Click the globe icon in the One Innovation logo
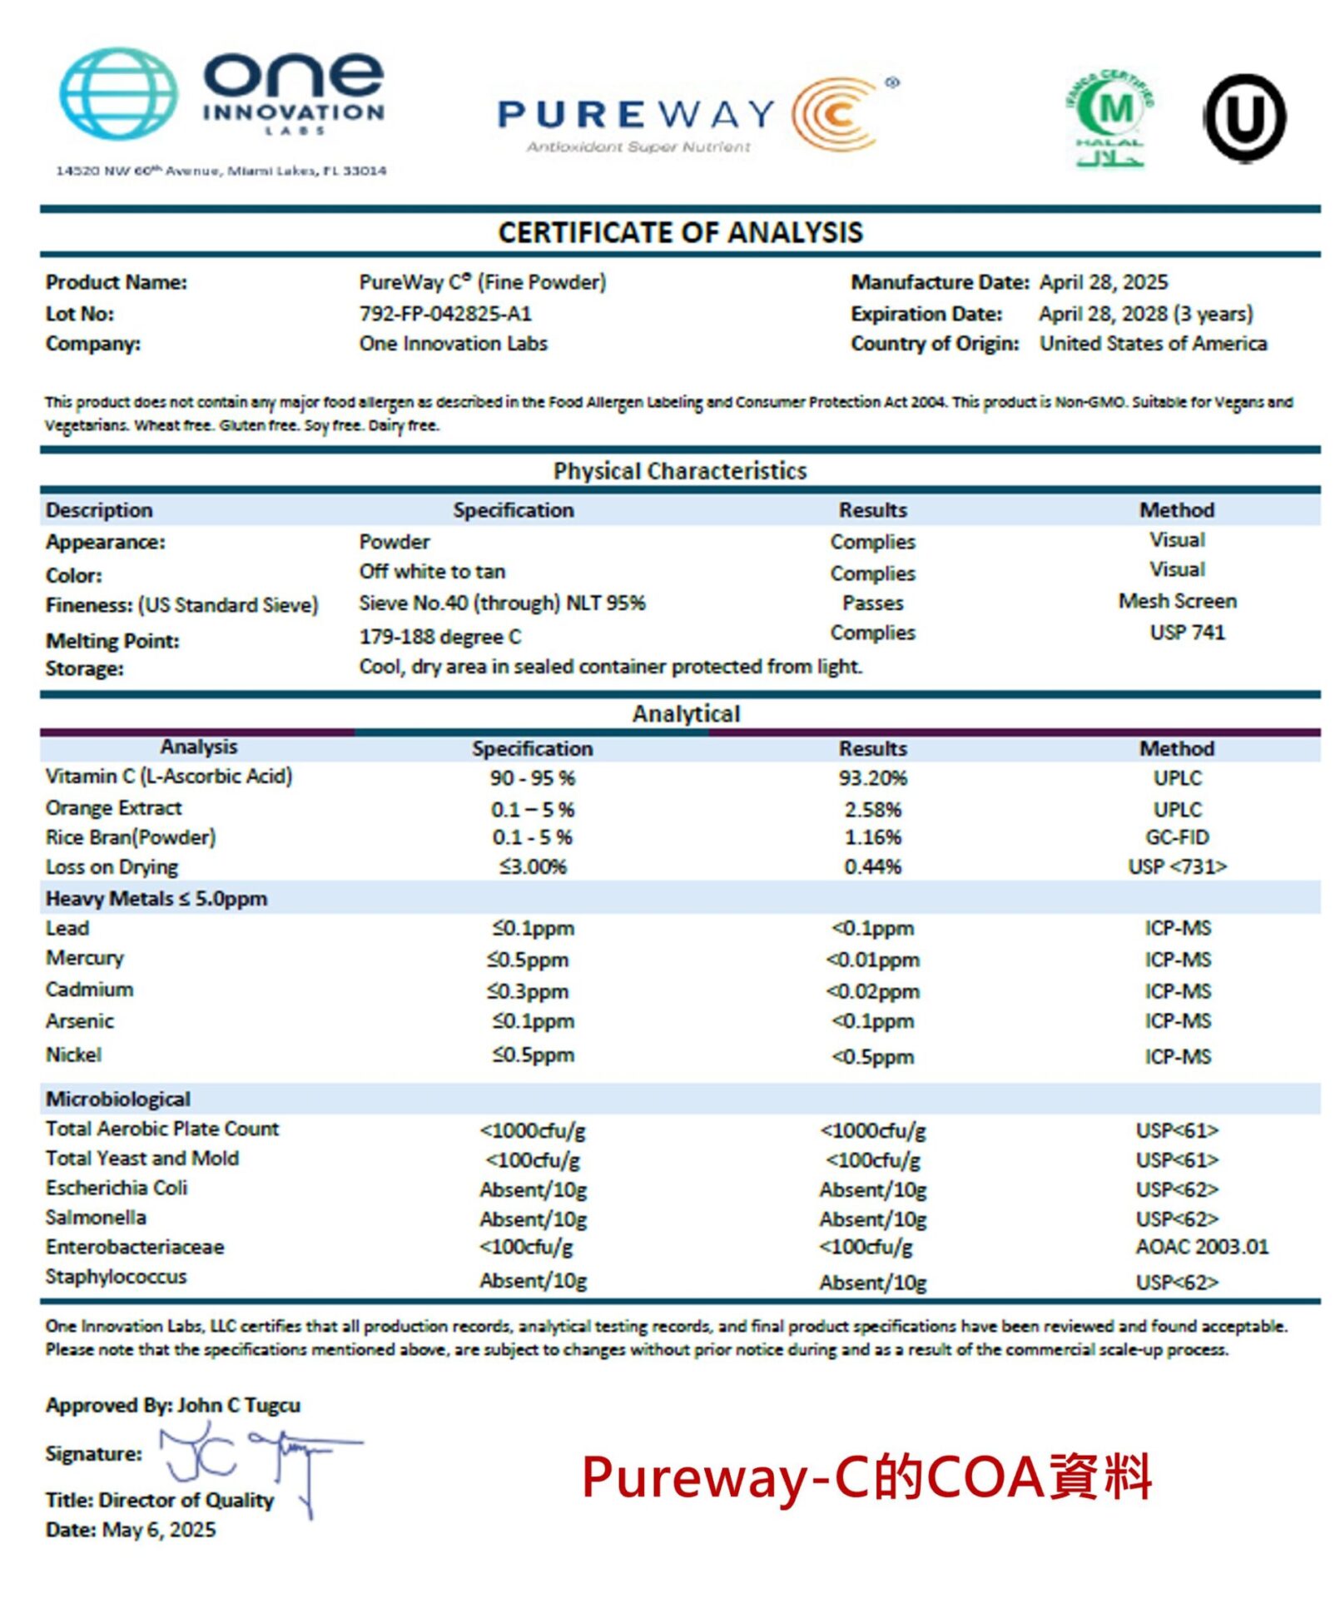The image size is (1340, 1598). tap(118, 92)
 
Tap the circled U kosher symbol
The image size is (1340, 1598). tap(1243, 117)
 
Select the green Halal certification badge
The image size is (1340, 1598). tap(1110, 117)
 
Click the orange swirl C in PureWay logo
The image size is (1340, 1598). tap(835, 114)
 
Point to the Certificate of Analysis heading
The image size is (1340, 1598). tap(680, 232)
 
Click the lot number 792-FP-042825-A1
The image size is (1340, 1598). tap(444, 314)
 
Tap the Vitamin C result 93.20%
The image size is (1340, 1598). tap(871, 778)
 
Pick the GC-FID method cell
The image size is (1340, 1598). tap(1176, 837)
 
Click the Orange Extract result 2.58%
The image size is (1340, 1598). tap(872, 809)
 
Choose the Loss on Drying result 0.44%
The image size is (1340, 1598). tap(872, 866)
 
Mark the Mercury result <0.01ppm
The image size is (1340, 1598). tap(872, 960)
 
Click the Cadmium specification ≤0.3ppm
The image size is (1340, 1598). tap(528, 991)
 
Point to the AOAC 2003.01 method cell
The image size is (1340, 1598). tap(1201, 1247)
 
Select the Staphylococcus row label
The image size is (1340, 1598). tap(116, 1277)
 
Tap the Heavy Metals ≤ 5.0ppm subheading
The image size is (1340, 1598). tap(156, 899)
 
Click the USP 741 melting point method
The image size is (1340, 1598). tap(1186, 633)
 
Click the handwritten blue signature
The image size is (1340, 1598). tap(258, 1457)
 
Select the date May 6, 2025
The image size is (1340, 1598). tap(158, 1530)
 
